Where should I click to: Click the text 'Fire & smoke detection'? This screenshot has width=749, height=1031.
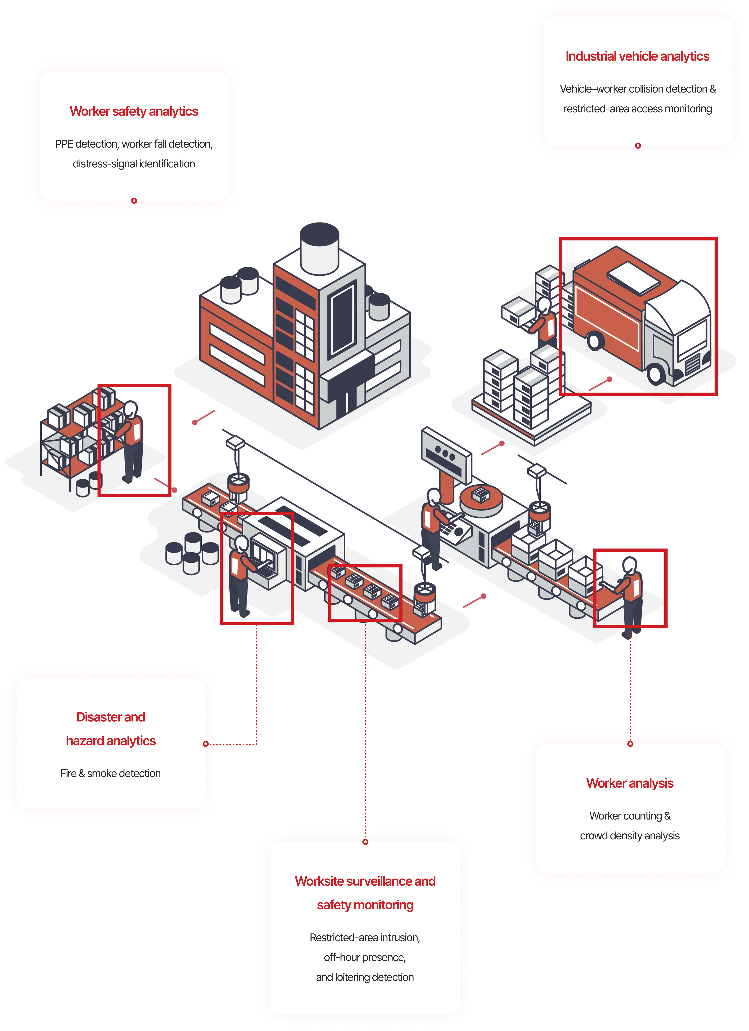tap(110, 773)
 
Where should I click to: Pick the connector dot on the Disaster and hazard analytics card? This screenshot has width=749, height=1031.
tap(205, 744)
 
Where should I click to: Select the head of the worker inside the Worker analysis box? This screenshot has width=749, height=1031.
tap(629, 565)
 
